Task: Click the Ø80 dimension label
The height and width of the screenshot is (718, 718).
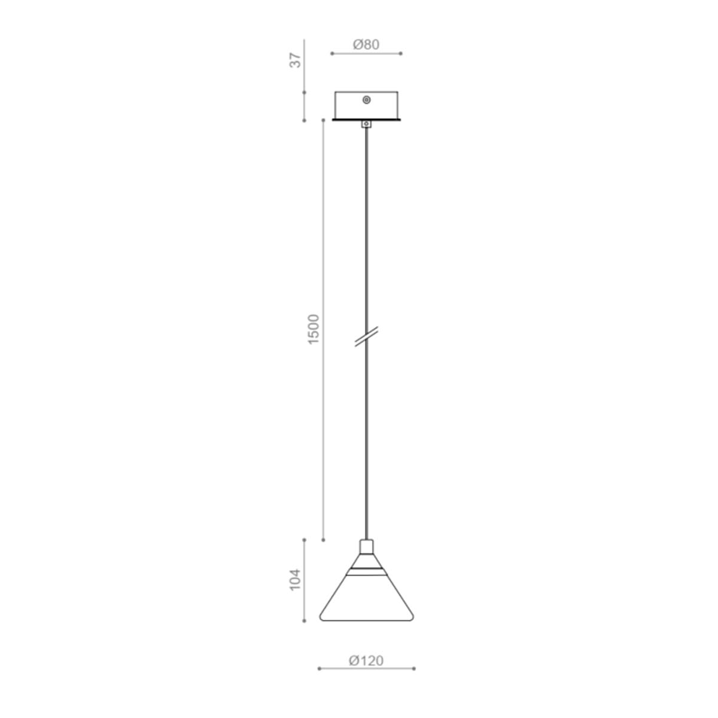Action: [x=366, y=45]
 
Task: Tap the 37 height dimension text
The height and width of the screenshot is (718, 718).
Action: [x=295, y=60]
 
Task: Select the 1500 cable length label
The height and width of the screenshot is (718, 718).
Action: [x=314, y=329]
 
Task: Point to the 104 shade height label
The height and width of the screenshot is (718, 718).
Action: [x=295, y=579]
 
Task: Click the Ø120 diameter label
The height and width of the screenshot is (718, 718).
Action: [x=366, y=661]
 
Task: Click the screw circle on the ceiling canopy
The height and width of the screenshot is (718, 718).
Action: [x=367, y=100]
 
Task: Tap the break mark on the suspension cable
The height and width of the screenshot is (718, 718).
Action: [x=366, y=336]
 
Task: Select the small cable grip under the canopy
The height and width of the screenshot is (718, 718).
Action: [x=366, y=124]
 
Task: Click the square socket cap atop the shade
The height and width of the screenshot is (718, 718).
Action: [x=366, y=547]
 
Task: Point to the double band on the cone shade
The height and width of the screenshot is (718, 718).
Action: [x=366, y=572]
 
